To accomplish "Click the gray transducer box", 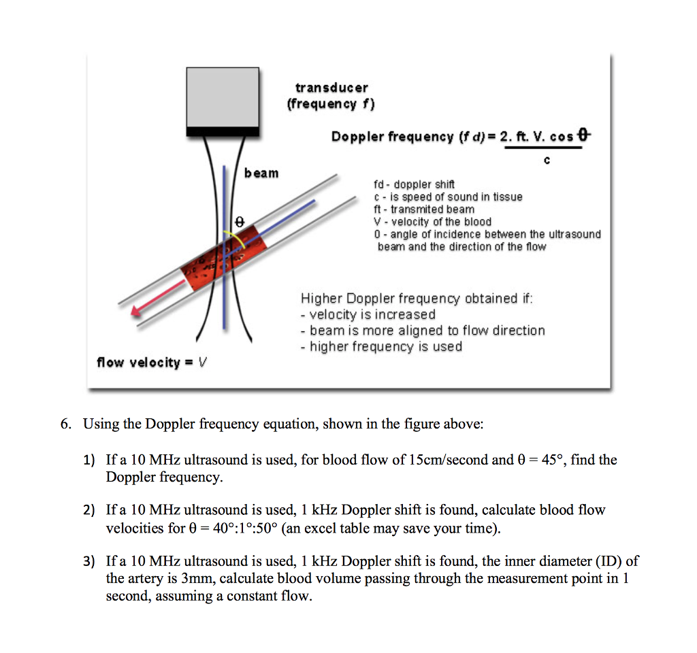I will [x=223, y=97].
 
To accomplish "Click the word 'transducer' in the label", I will [x=331, y=88].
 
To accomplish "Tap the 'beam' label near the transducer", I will [x=261, y=173].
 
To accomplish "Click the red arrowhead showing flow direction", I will [x=138, y=309].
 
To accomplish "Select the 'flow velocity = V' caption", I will [x=152, y=363].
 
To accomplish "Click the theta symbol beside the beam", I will [x=238, y=221].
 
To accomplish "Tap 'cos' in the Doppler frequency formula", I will [x=562, y=137].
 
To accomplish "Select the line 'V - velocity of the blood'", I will [x=432, y=222].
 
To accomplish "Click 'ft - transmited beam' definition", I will [x=424, y=210].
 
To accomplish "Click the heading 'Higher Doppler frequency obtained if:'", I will [x=417, y=299].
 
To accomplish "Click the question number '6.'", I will [x=65, y=424].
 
